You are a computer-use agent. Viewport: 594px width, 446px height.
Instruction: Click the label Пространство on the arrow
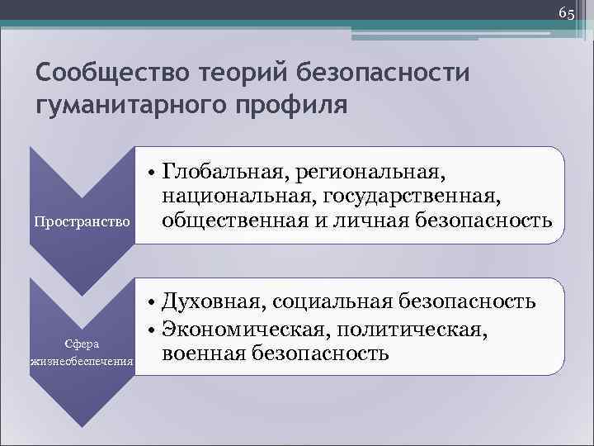tap(81, 222)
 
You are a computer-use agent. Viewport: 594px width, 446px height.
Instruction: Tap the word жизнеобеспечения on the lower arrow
tap(82, 362)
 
